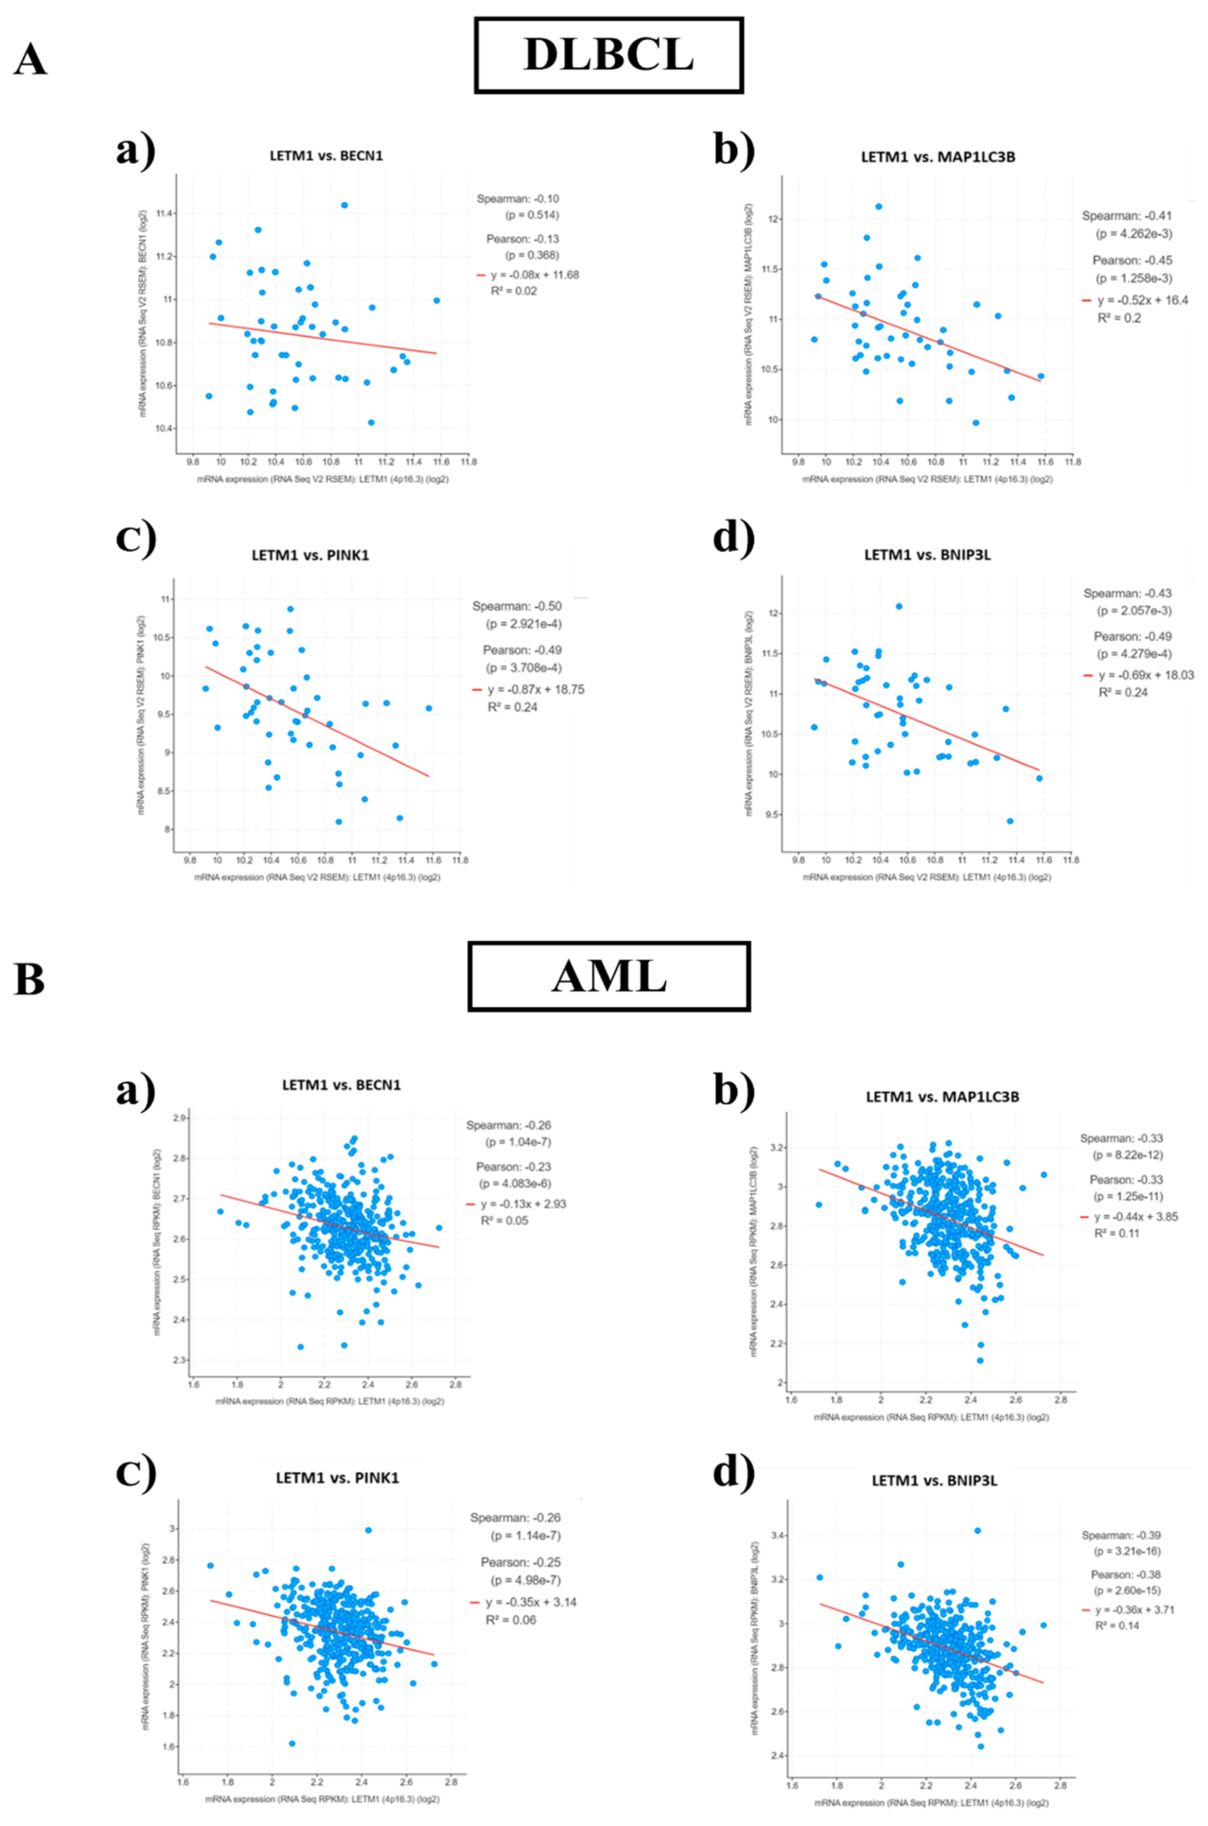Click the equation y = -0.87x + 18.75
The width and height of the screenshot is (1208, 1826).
tap(535, 690)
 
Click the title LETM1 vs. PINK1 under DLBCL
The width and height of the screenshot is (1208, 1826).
tap(310, 555)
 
